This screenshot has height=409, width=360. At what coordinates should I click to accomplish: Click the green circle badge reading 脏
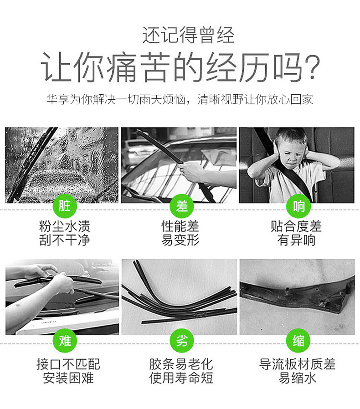[65, 206]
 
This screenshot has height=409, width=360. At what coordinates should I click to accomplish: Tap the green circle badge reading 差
[182, 206]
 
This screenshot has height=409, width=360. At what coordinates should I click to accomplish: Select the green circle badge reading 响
[298, 206]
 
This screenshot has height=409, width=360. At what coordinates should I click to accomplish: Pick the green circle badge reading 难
[65, 341]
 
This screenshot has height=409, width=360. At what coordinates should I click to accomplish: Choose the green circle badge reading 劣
[182, 341]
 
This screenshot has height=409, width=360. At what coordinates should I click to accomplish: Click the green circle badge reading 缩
[298, 341]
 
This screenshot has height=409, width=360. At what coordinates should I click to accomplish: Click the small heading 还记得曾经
[188, 35]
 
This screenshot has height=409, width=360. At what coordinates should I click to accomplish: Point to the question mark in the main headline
[312, 67]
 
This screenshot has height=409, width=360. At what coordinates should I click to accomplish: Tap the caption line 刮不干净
[65, 240]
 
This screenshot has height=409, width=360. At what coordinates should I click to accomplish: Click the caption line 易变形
[180, 240]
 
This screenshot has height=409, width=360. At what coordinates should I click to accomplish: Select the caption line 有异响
[296, 240]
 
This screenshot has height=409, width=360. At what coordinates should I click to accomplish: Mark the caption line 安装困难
[68, 378]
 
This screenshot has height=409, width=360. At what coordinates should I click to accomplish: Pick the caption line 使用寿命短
[181, 378]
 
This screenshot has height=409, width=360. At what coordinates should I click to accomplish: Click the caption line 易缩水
[298, 378]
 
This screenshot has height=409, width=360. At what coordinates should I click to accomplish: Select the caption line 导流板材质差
[298, 364]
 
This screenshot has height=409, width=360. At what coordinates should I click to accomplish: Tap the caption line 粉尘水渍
[65, 226]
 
